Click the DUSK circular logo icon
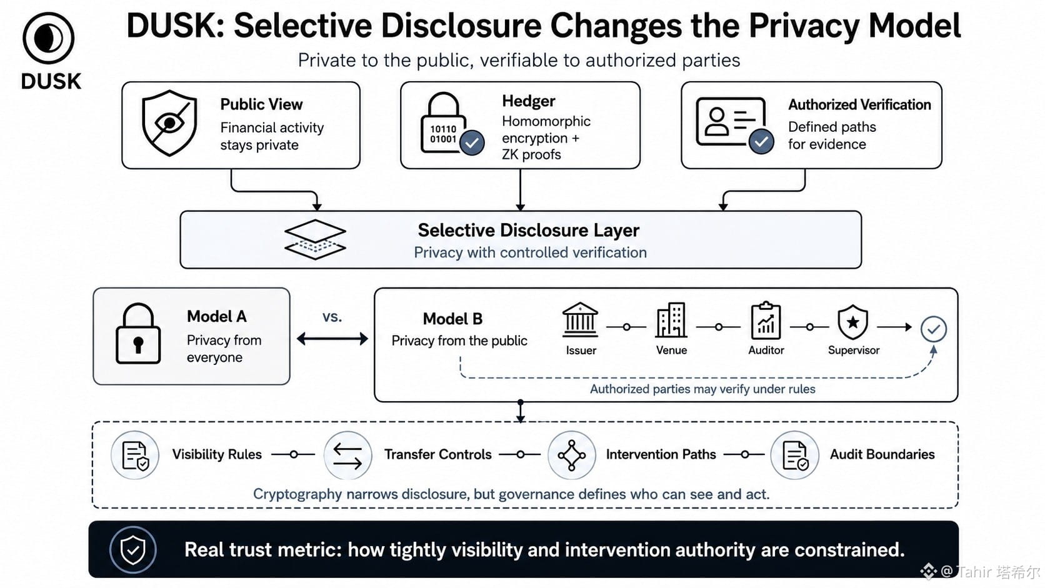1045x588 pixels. pos(49,37)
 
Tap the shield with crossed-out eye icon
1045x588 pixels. pos(169,123)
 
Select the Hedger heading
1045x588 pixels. pos(529,101)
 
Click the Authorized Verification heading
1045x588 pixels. pos(859,104)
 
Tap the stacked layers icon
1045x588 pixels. pos(316,239)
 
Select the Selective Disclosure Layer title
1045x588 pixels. pos(528,231)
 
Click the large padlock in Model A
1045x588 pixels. pos(138,334)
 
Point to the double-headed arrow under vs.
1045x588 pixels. pos(332,339)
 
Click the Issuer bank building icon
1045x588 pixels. pos(580,320)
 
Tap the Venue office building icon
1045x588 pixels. pos(671,320)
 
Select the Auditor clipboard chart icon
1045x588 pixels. pos(766,321)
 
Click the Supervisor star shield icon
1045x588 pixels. pos(852,322)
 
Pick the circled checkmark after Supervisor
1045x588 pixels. pos(934,329)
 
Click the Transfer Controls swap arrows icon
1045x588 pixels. pos(348,455)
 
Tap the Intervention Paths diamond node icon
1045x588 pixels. pos(571,455)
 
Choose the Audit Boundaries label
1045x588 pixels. pos(882,454)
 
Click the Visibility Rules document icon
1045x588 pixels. pos(135,455)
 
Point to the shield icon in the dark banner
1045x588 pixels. pos(133,550)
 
